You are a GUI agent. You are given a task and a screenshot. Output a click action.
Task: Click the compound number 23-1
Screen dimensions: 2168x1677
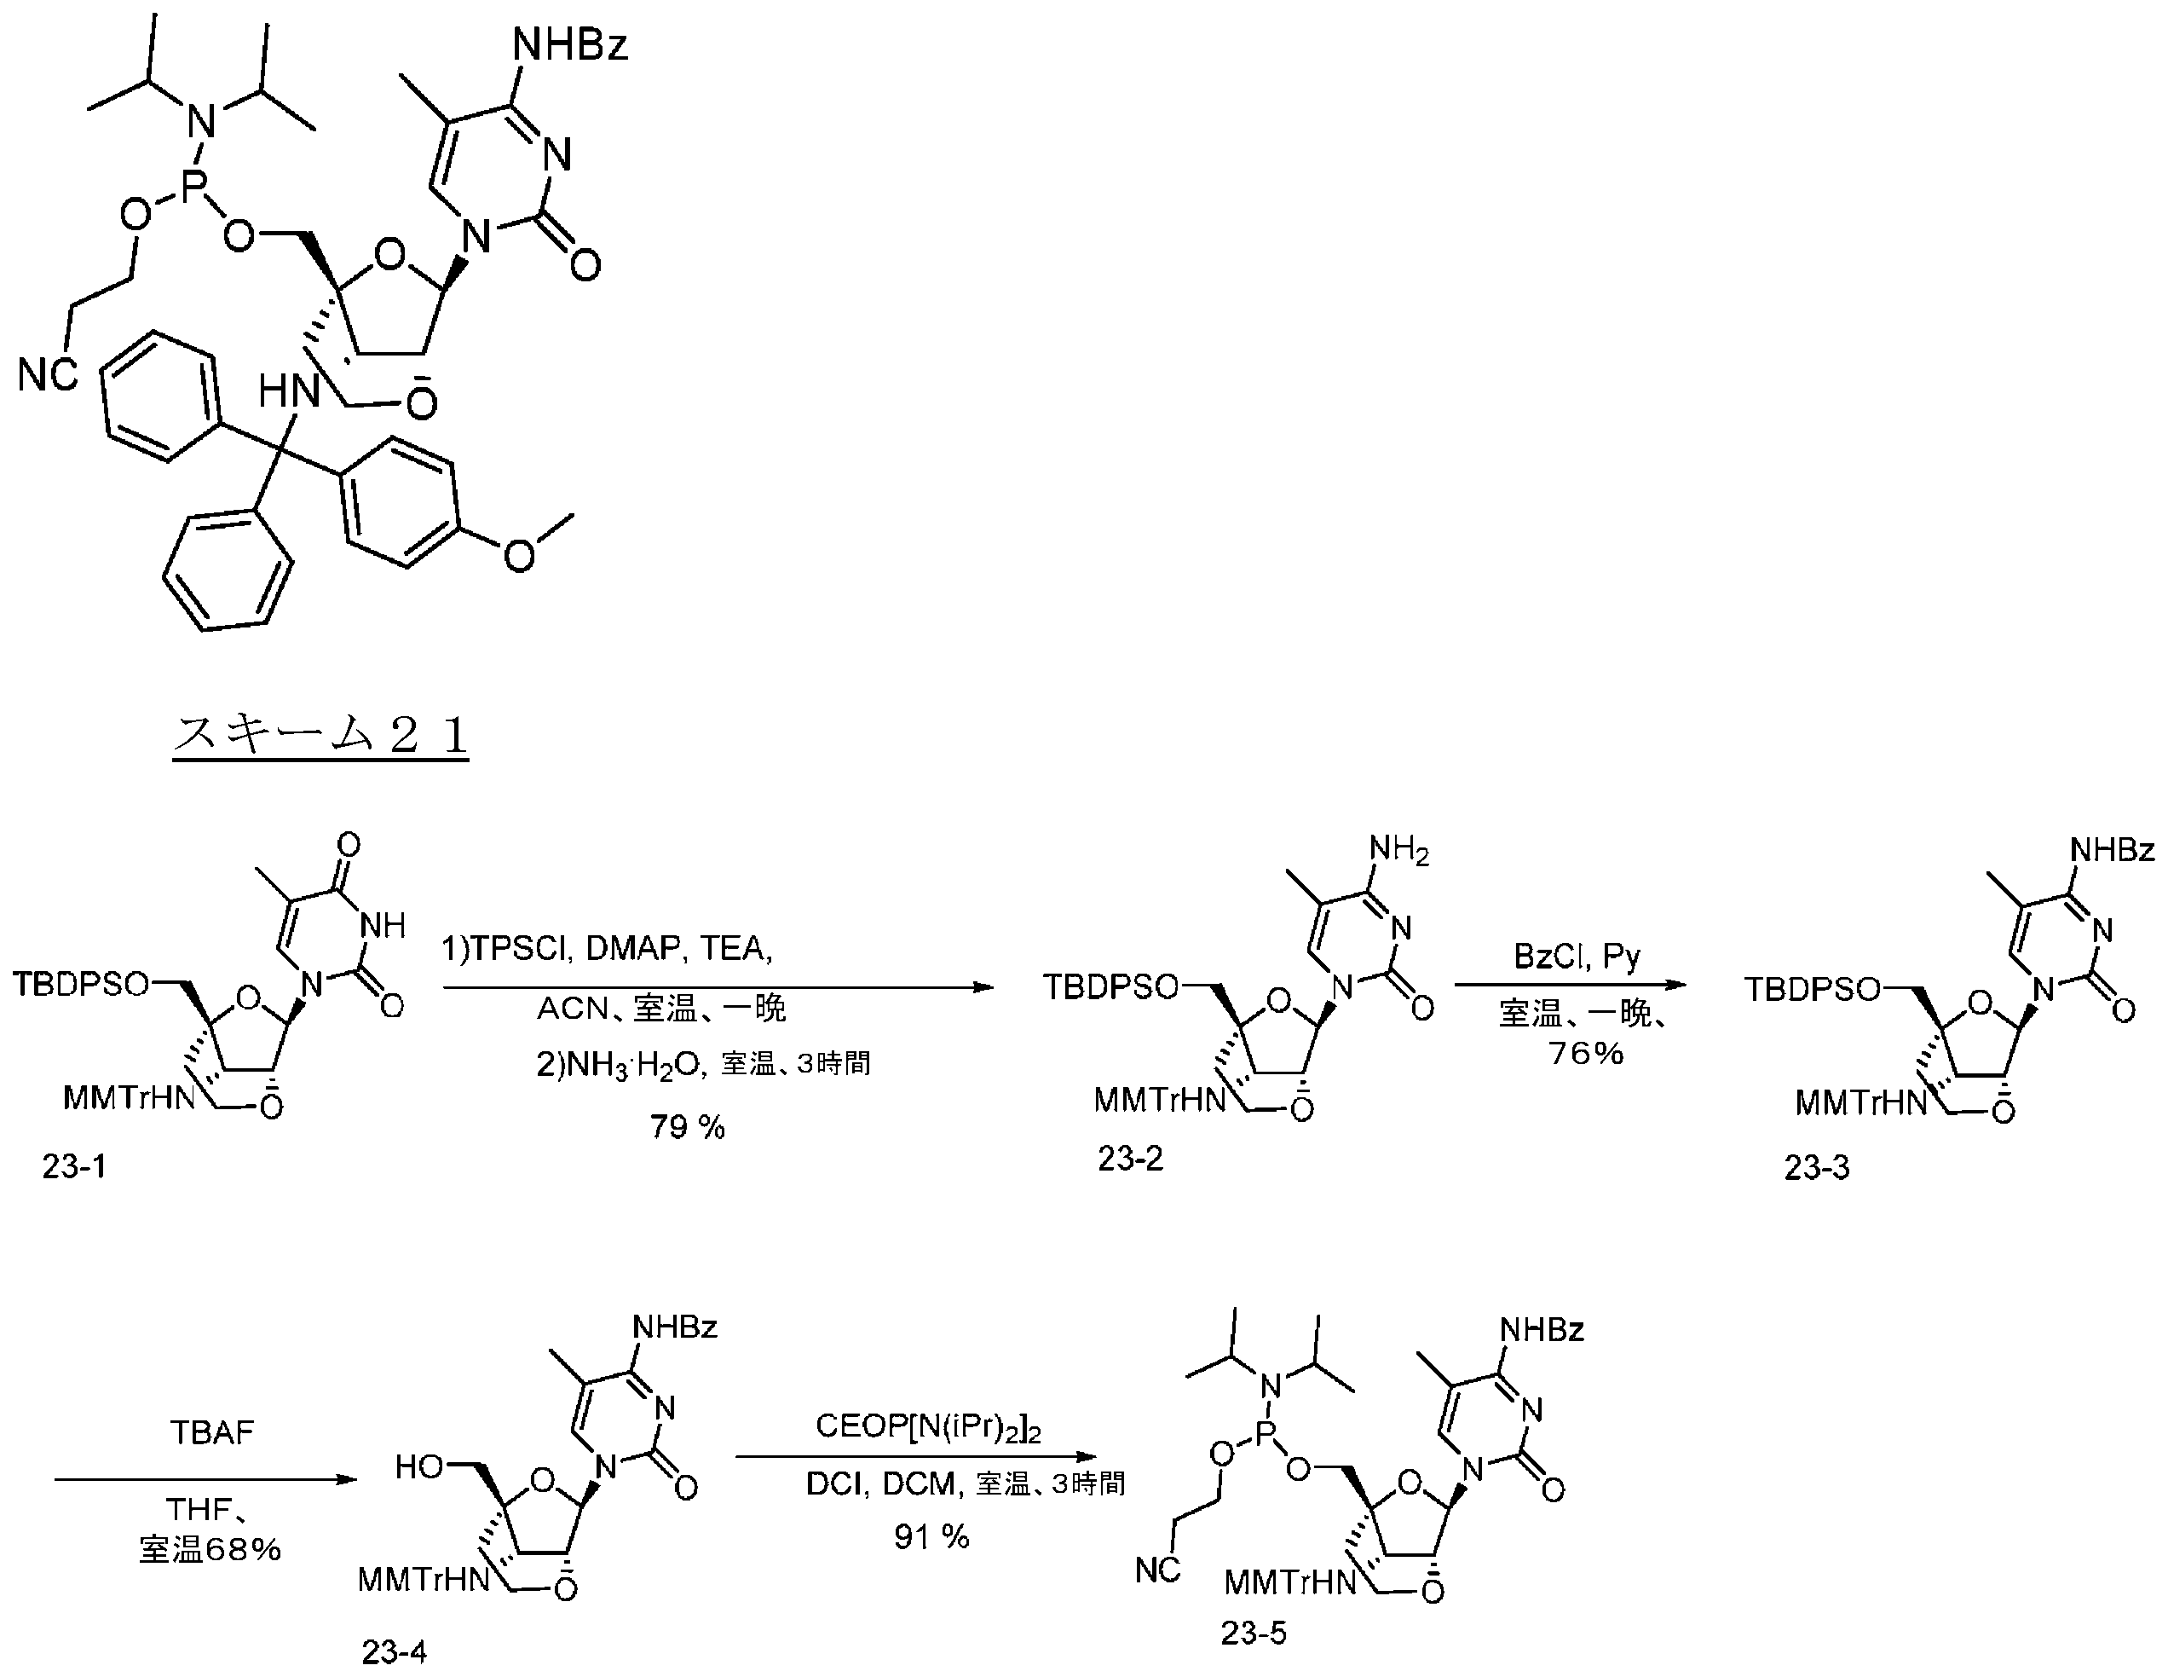(x=73, y=1165)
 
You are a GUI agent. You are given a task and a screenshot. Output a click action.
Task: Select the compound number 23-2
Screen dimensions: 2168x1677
(x=1130, y=1158)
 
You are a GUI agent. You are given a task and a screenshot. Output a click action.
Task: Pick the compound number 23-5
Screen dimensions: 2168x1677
(x=1254, y=1634)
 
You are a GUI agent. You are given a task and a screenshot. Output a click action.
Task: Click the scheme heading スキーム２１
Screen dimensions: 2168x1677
(x=320, y=735)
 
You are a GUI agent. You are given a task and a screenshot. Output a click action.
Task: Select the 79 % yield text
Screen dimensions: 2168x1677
(x=687, y=1127)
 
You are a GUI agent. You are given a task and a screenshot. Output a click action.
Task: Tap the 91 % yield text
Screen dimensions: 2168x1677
(x=931, y=1537)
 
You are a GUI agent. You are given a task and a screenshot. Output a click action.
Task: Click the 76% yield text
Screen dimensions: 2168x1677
(x=1586, y=1052)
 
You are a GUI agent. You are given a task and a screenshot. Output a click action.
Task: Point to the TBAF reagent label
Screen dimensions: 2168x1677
(x=211, y=1433)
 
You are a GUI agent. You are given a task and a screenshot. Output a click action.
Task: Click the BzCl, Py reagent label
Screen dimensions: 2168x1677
(x=1577, y=957)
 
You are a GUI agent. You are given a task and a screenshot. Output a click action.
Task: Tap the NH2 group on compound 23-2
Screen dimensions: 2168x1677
(x=1399, y=850)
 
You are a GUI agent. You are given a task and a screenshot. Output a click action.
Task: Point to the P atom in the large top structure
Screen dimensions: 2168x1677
(x=192, y=188)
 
